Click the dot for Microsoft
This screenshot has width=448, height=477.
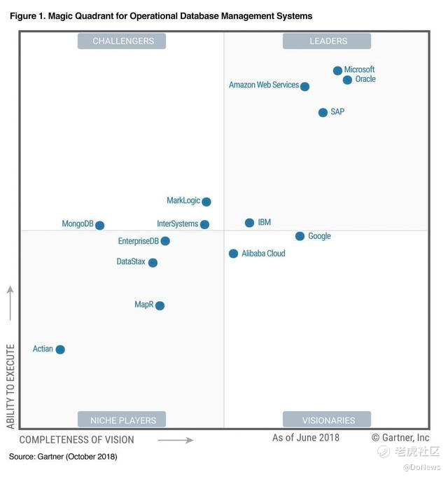click(337, 70)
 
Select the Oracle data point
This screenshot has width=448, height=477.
click(347, 80)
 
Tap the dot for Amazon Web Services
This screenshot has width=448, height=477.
click(304, 86)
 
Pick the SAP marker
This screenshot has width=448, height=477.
click(323, 112)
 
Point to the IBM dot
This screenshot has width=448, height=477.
click(249, 223)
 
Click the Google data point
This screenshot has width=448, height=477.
click(300, 236)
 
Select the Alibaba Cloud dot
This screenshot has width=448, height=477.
click(233, 254)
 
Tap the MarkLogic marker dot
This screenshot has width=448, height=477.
click(206, 202)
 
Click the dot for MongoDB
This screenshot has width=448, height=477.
click(99, 226)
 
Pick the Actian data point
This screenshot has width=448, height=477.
click(60, 350)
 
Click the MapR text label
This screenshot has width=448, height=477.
click(143, 305)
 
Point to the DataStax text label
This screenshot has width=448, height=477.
click(131, 262)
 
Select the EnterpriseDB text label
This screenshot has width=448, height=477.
click(139, 241)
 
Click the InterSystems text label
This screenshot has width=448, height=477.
click(178, 224)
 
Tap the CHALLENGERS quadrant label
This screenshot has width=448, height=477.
click(123, 41)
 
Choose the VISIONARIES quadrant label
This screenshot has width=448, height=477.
click(328, 420)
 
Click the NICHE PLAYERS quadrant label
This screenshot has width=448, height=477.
click(123, 420)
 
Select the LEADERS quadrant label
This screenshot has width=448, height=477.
click(328, 41)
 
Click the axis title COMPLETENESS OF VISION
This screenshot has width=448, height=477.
click(76, 440)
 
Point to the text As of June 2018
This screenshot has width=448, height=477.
click(306, 438)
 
